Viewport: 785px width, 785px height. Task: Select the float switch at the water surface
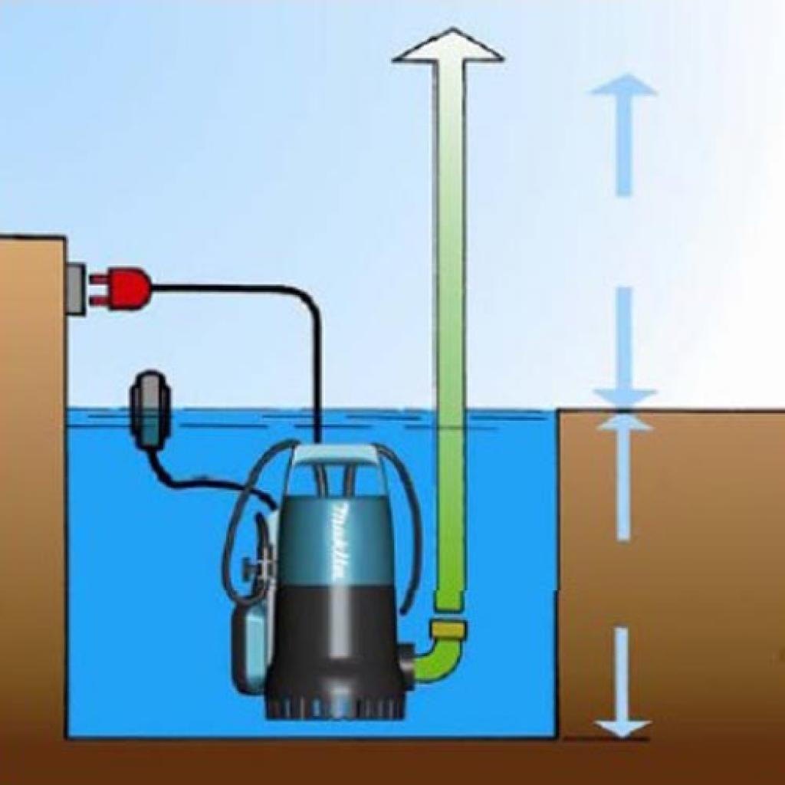(x=149, y=406)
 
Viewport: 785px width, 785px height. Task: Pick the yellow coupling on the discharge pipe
(x=448, y=632)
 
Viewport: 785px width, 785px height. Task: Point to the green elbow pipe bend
(x=437, y=661)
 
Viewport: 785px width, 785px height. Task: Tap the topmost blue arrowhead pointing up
(x=623, y=85)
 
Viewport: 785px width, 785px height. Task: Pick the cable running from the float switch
(x=199, y=483)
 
